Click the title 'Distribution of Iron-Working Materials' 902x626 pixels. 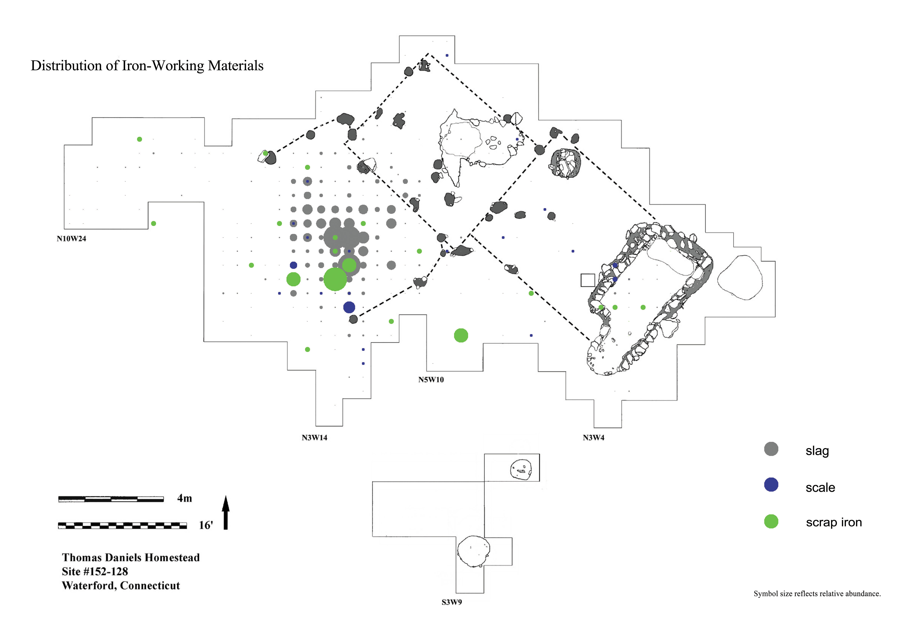(x=147, y=65)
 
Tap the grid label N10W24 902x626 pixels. (x=71, y=238)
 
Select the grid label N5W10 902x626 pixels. (x=431, y=379)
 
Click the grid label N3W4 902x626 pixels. (x=594, y=437)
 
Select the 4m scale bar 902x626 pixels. (x=111, y=499)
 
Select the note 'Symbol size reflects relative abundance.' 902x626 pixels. (x=817, y=593)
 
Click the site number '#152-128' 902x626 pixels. (x=106, y=572)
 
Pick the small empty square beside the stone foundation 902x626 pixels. (x=588, y=280)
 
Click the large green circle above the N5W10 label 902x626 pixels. (x=461, y=335)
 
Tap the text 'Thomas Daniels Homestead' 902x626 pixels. (x=131, y=557)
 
